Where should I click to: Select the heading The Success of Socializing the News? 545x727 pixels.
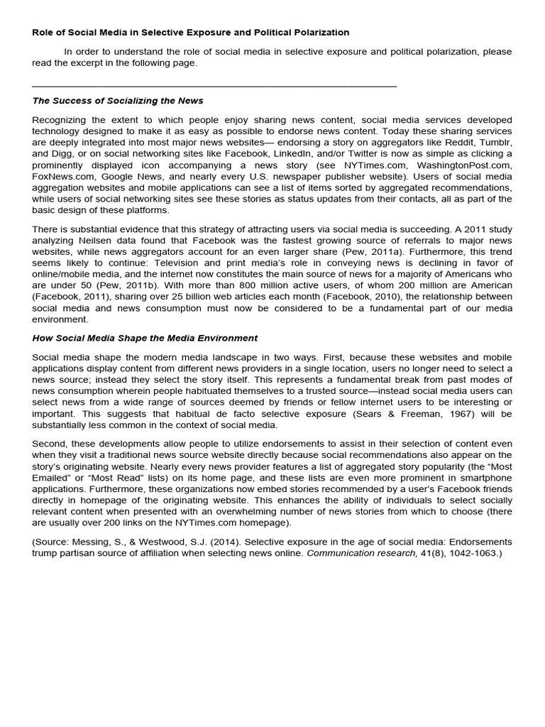(118, 101)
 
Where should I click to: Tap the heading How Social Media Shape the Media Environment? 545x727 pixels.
(145, 338)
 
